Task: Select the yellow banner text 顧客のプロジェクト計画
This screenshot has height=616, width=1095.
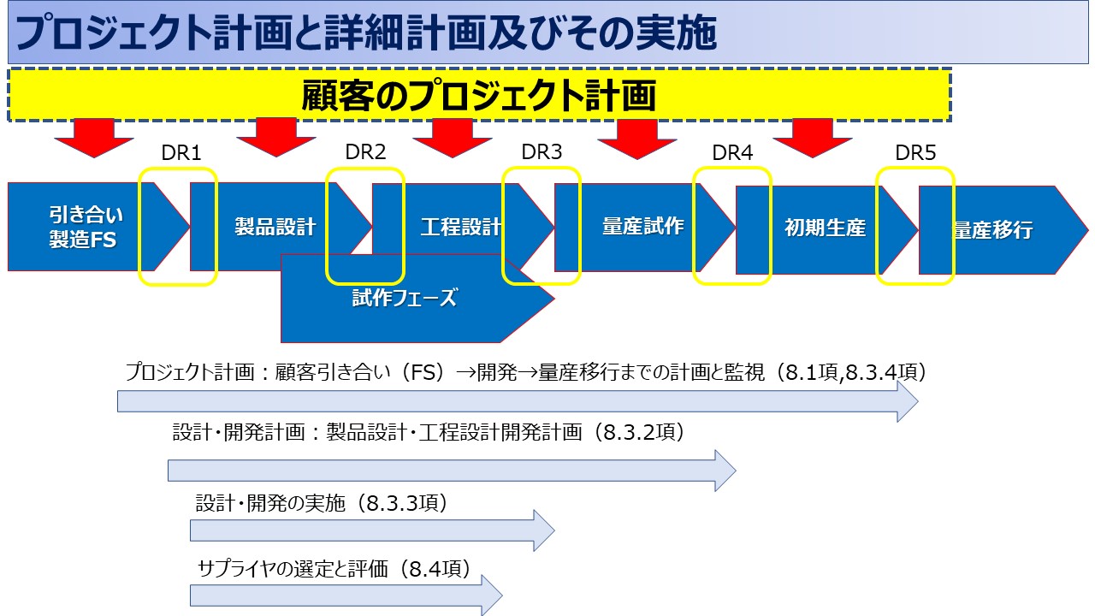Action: [478, 95]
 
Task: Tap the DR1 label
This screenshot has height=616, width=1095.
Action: [181, 153]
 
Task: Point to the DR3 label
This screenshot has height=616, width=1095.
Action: [542, 153]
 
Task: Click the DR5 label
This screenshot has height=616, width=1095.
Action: [915, 153]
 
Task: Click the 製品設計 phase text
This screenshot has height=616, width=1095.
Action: [275, 227]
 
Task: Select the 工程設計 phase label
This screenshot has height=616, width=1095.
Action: [461, 228]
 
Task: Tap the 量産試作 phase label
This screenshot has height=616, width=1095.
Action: [642, 227]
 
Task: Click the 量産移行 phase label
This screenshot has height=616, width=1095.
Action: [992, 230]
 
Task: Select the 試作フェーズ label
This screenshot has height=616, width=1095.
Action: [405, 298]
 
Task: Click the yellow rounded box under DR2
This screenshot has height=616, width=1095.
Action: [365, 226]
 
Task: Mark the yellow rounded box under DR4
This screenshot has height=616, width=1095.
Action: [732, 226]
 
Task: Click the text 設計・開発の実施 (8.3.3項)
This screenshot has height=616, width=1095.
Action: [322, 503]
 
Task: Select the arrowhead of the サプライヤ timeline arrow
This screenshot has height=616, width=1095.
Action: [491, 595]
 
